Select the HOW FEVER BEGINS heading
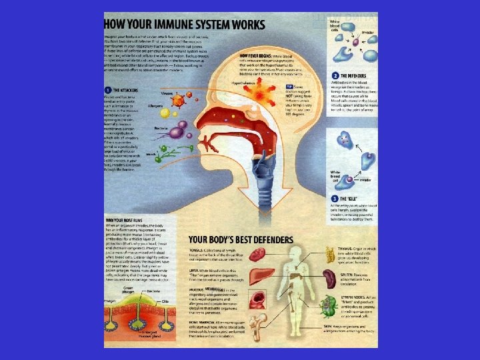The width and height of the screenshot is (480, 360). [255, 57]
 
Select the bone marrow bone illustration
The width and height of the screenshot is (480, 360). [259, 329]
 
